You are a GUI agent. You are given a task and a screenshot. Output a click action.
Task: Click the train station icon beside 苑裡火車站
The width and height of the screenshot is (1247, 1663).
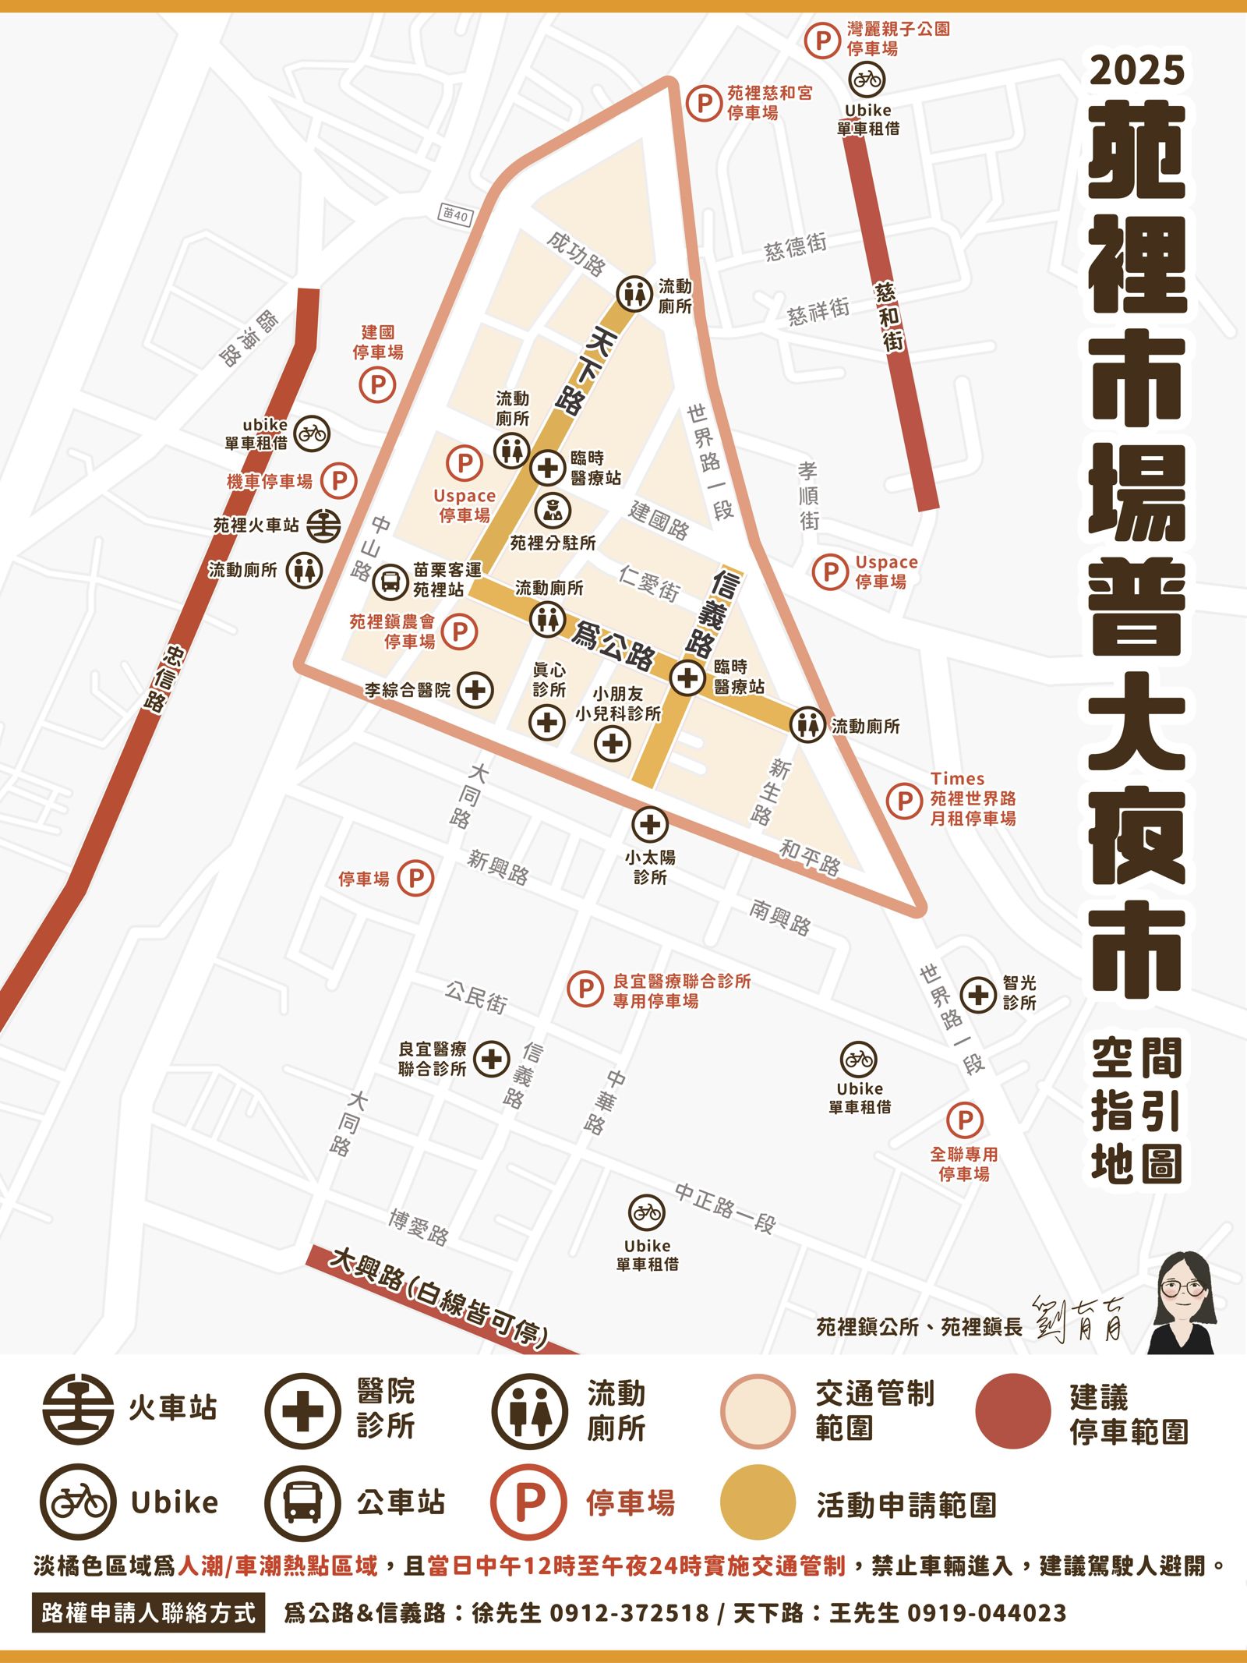tap(323, 525)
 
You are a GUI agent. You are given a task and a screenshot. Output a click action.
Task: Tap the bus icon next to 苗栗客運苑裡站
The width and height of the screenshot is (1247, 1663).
tap(390, 581)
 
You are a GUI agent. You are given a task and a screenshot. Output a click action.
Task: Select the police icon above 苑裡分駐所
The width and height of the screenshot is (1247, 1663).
tap(553, 511)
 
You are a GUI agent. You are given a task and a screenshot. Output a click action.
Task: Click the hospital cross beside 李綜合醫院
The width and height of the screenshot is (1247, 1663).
tap(475, 690)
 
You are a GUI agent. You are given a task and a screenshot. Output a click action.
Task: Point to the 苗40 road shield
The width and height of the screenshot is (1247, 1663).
tap(454, 214)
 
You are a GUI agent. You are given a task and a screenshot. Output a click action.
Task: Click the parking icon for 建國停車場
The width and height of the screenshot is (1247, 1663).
tap(377, 384)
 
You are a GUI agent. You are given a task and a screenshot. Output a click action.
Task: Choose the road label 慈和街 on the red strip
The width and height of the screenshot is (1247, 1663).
tap(889, 316)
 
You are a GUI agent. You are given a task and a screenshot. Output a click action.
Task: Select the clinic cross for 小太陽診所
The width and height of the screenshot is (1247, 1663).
tap(649, 824)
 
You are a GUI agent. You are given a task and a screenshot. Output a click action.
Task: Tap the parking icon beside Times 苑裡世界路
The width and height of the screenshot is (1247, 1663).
tap(905, 800)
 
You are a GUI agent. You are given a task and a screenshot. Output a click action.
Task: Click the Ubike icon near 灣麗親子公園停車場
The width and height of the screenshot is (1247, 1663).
tap(867, 79)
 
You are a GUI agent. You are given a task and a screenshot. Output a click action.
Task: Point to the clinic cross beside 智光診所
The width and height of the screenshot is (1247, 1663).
tap(978, 994)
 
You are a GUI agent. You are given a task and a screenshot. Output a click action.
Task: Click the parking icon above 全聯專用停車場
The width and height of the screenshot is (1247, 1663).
tap(965, 1121)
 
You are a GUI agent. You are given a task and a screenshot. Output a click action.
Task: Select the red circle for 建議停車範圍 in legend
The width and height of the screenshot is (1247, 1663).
tap(1012, 1411)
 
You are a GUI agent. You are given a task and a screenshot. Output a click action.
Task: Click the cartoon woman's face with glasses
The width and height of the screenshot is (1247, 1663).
tap(1182, 1289)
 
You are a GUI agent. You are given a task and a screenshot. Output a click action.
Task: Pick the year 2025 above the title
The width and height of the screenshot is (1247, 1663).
tap(1137, 70)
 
